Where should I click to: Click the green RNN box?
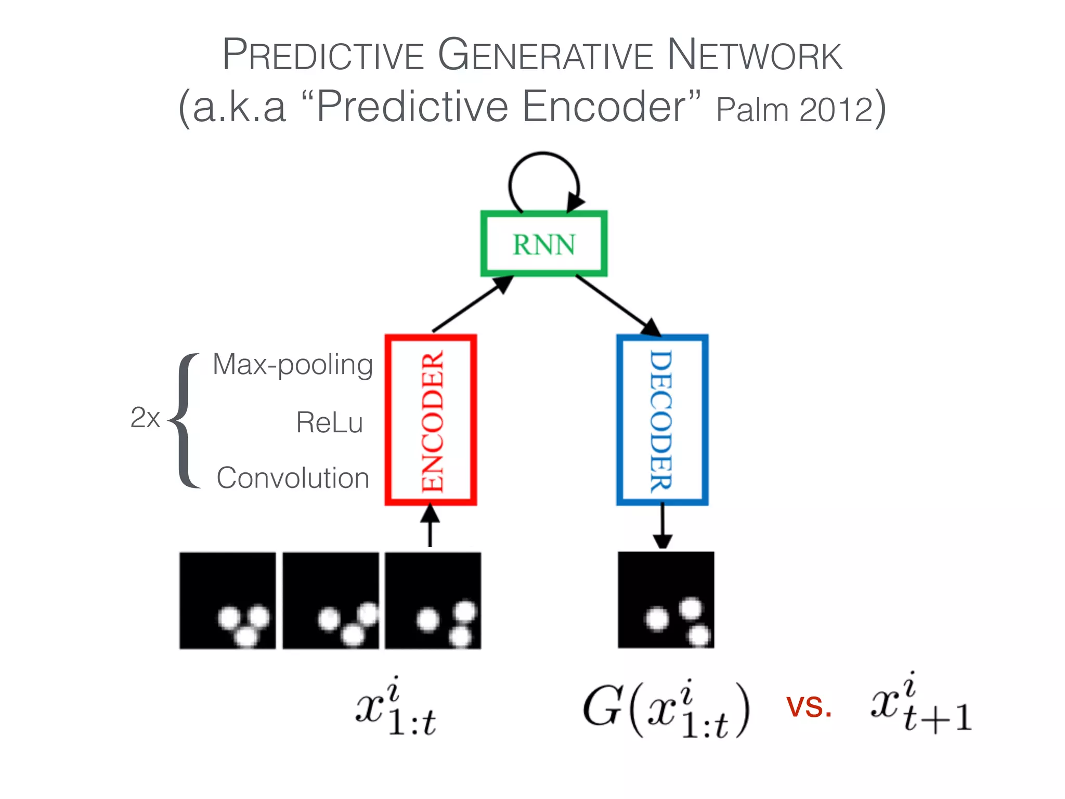[x=544, y=243]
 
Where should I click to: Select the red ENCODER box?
[x=431, y=420]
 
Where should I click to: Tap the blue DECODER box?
[x=662, y=420]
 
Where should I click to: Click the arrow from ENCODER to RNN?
[x=471, y=305]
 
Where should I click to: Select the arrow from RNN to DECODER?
[x=616, y=305]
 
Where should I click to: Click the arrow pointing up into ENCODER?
[x=430, y=525]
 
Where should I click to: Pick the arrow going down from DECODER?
[x=662, y=525]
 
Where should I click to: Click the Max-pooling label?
[x=293, y=365]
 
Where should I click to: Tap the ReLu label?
[x=329, y=422]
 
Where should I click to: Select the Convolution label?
[x=293, y=478]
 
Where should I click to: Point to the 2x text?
[x=145, y=418]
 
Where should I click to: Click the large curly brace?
[x=185, y=420]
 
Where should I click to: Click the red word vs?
[x=809, y=707]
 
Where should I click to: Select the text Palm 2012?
[x=794, y=110]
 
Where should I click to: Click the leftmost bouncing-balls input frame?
[x=228, y=600]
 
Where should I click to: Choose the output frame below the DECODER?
[x=666, y=600]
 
